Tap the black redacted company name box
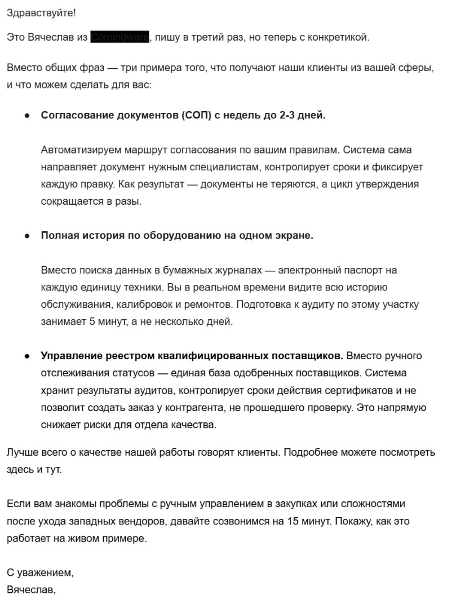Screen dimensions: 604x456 point(120,37)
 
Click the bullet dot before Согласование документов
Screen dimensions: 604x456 point(26,116)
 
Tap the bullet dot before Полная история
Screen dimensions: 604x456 point(26,236)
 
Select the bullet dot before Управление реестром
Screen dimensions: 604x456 point(26,356)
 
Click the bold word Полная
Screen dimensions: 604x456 point(59,236)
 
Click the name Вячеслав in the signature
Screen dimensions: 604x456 point(30,590)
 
